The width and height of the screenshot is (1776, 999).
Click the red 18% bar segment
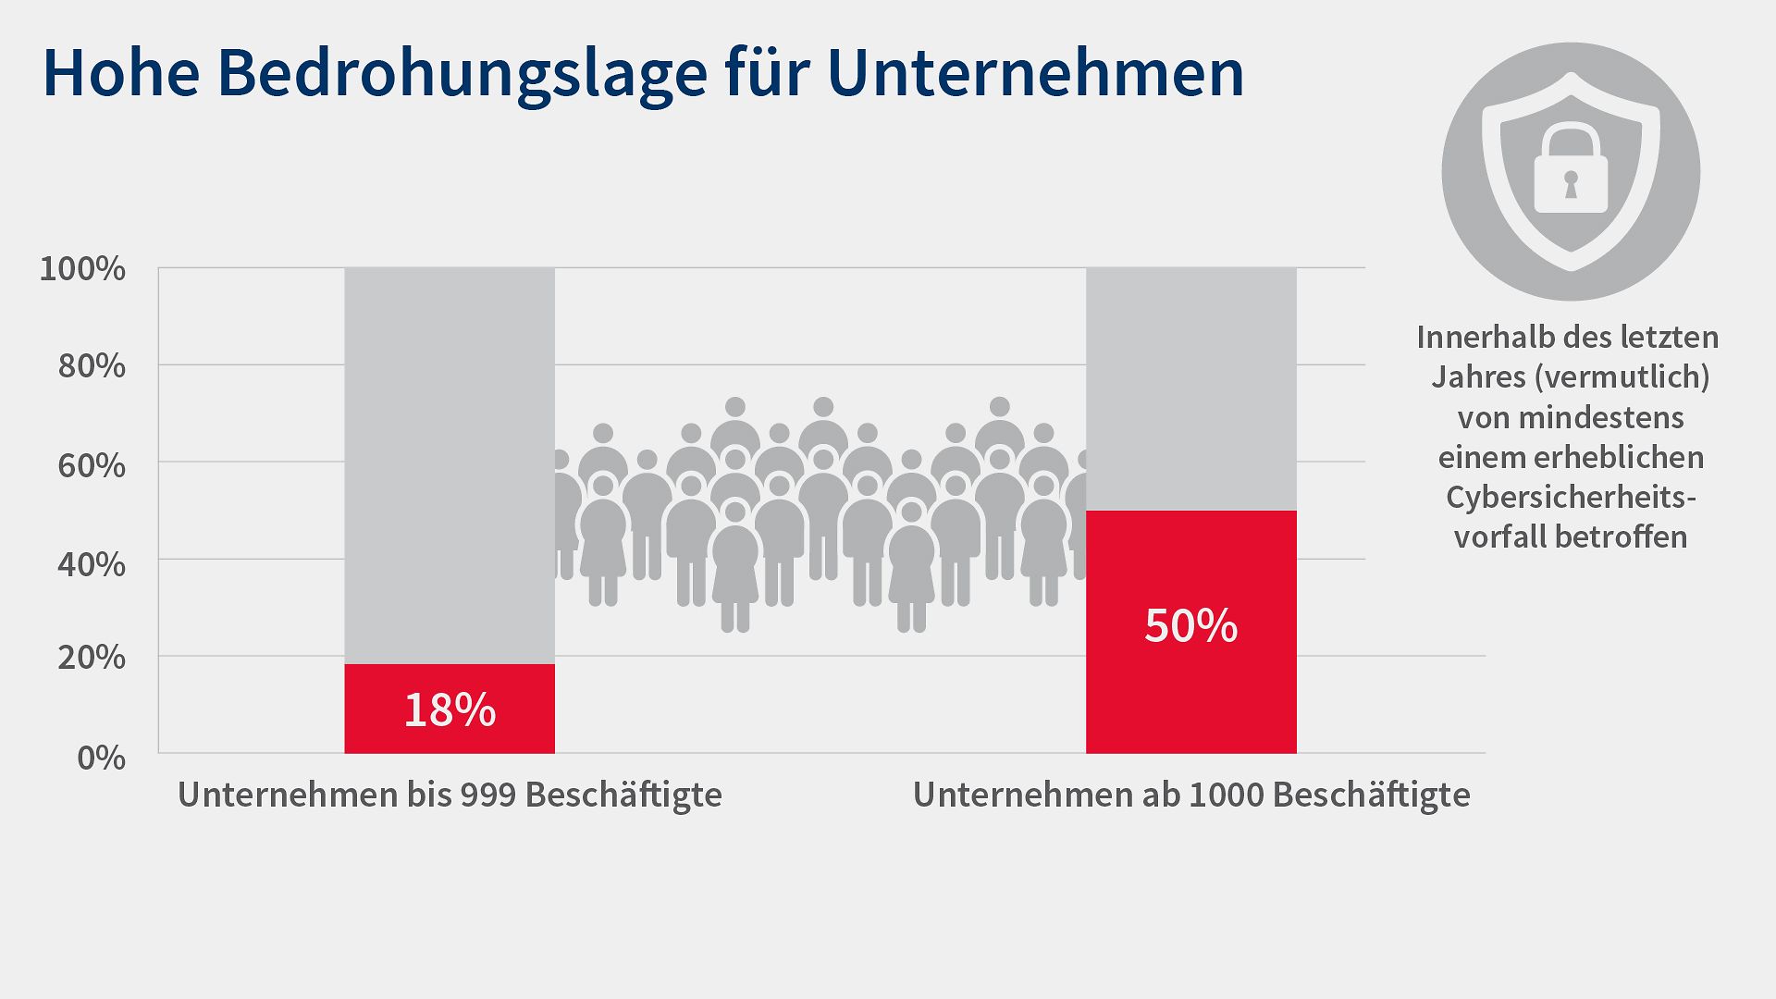450,709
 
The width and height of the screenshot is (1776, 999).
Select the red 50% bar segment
1190,631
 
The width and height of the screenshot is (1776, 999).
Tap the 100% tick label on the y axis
82,269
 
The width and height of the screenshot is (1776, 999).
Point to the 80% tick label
92,366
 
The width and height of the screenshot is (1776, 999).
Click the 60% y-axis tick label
92,465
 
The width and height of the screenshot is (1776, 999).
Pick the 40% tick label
92,563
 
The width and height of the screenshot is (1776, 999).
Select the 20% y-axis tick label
92,658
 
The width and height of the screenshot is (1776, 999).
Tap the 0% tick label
101,758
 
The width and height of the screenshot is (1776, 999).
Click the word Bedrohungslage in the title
462,73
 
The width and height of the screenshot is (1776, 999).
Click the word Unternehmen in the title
1035,73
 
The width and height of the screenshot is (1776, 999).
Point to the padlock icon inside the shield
1571,171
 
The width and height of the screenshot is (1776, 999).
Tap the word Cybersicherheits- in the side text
1571,497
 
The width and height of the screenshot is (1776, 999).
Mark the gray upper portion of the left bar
450,462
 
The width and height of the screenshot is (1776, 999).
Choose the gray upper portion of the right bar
1190,388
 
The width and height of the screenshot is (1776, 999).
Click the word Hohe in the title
121,73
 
